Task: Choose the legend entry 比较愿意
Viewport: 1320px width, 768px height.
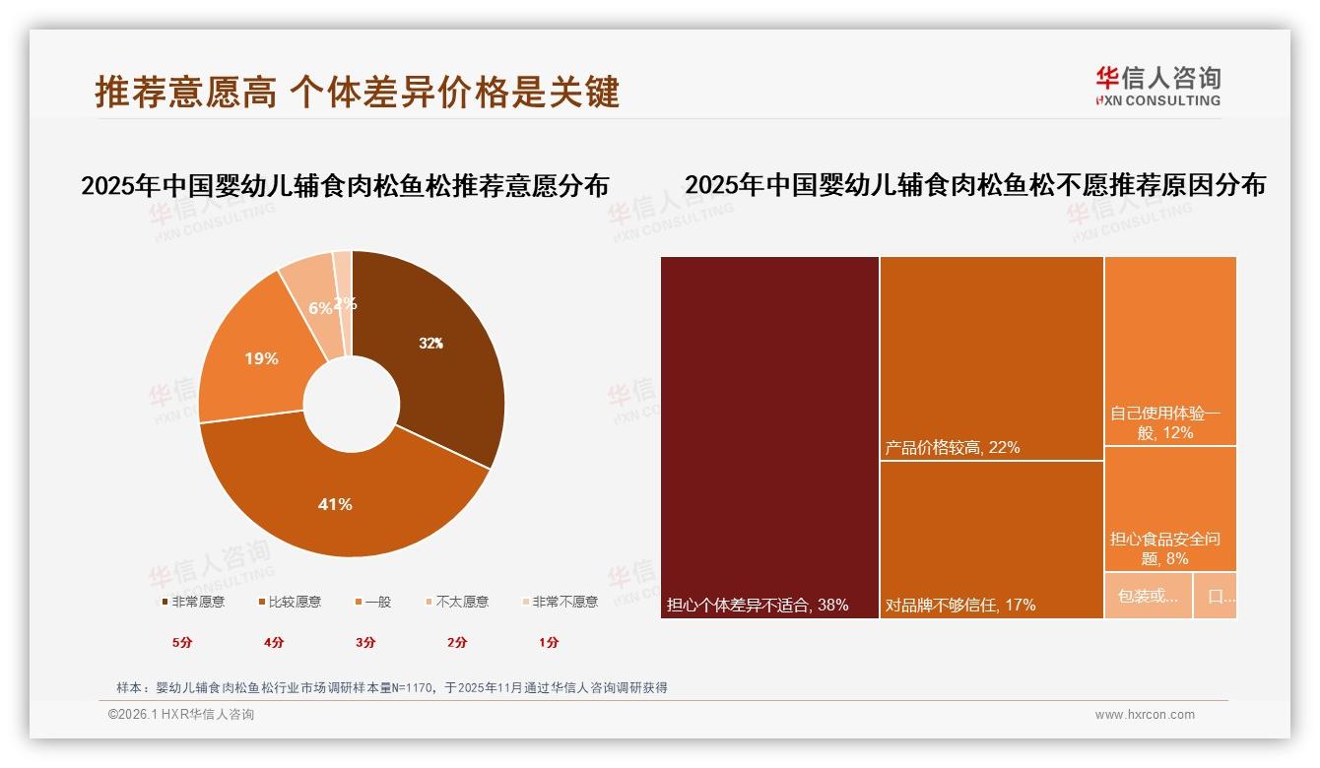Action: [x=290, y=602]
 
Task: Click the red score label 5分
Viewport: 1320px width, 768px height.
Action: [x=182, y=642]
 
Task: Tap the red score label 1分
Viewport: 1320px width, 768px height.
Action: [x=549, y=642]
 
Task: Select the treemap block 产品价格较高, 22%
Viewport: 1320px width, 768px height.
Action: [x=991, y=358]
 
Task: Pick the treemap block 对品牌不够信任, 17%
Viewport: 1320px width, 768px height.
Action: [x=991, y=539]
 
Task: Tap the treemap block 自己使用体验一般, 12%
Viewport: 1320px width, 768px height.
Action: [x=1169, y=351]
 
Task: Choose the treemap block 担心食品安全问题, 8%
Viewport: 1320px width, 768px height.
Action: [x=1169, y=508]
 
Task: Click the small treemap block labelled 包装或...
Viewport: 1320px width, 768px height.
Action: [x=1148, y=596]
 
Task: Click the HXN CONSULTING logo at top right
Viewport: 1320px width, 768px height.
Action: [x=1157, y=87]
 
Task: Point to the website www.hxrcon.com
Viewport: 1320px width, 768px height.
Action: [x=1145, y=715]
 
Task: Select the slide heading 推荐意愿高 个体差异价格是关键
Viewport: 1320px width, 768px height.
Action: [x=357, y=92]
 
